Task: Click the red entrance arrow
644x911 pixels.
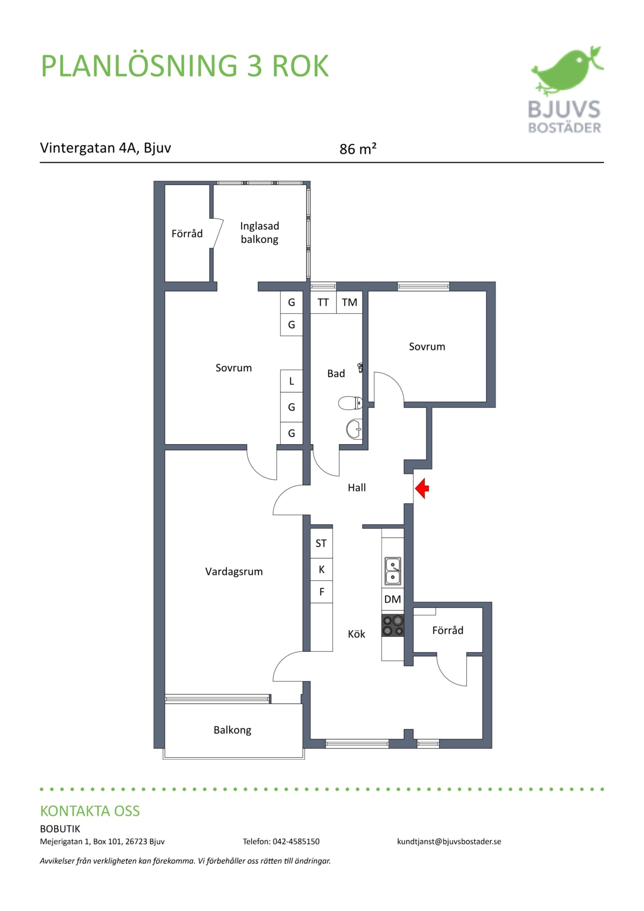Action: (x=422, y=488)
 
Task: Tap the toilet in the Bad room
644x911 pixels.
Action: (x=351, y=403)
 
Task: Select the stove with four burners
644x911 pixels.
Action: (x=393, y=625)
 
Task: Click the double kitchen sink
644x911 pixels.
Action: (x=393, y=571)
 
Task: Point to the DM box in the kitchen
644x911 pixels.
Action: (x=393, y=599)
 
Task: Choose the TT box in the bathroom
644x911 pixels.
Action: (x=323, y=302)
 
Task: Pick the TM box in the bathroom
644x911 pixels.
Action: (x=350, y=302)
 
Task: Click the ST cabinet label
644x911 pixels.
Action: (x=321, y=543)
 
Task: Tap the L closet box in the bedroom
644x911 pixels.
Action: (x=291, y=381)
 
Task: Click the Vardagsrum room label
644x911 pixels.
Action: (x=234, y=571)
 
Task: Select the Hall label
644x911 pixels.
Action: (x=357, y=487)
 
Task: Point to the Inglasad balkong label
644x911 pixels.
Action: (x=260, y=233)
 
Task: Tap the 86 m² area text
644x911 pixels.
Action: (x=358, y=149)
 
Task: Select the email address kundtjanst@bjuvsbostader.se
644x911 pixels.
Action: (x=449, y=841)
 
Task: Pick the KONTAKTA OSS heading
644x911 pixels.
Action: (x=90, y=811)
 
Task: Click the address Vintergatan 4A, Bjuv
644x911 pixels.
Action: (x=105, y=148)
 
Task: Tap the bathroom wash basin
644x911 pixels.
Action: (x=354, y=429)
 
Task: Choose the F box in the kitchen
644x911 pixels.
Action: (x=321, y=592)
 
